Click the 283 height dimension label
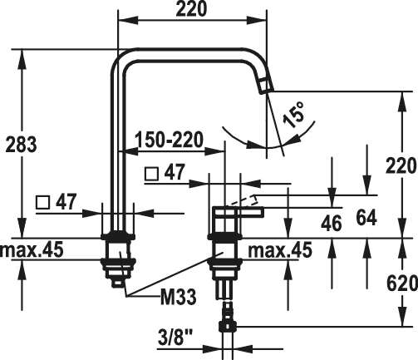(x=21, y=145)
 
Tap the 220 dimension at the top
(x=191, y=8)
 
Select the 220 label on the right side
(x=401, y=165)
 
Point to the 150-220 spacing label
(x=170, y=140)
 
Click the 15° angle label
(x=294, y=114)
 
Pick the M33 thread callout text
(x=179, y=297)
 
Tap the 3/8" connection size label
(x=175, y=337)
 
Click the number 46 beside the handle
(x=332, y=224)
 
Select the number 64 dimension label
(x=366, y=218)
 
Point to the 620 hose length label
(x=401, y=284)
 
